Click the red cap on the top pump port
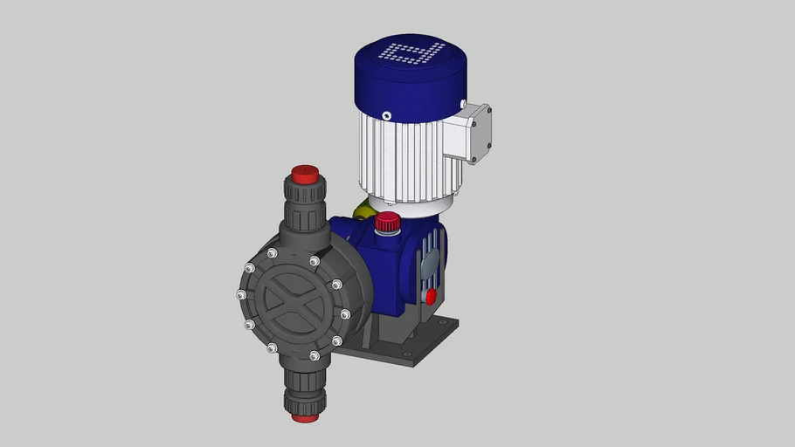coord(304,174)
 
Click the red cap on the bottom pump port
coord(304,416)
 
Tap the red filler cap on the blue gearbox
coord(387,222)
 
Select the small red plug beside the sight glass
coord(430,296)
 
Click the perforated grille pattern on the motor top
coord(412,54)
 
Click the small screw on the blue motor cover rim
coord(386,115)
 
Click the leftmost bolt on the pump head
coord(241,294)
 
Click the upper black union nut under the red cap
coord(303,193)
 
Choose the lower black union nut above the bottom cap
coord(303,397)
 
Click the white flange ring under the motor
coord(409,203)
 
